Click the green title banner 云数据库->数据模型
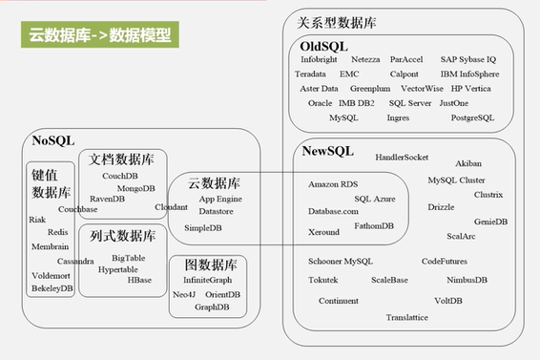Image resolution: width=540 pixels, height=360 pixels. (x=99, y=36)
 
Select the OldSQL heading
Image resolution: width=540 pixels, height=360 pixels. (x=323, y=46)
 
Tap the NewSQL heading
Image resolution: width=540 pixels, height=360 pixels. (x=327, y=151)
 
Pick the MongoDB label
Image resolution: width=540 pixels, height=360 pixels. (x=136, y=188)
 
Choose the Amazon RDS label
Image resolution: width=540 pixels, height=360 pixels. (x=333, y=183)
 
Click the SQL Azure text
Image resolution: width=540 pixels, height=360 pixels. (x=375, y=198)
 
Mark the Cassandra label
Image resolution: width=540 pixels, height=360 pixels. (x=75, y=261)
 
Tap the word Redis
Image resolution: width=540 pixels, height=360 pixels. (x=57, y=232)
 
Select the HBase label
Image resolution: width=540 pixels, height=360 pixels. (x=139, y=280)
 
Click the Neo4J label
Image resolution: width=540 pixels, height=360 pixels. (x=185, y=294)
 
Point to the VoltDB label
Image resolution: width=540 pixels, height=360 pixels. (x=447, y=301)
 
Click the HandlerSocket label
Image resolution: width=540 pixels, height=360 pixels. (x=402, y=157)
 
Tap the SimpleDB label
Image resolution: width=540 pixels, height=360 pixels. (x=202, y=227)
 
